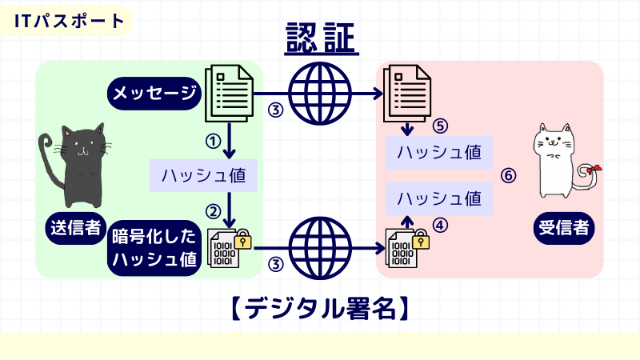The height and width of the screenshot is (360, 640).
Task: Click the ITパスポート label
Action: pos(70,20)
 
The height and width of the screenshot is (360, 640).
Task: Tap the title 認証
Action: pos(320,38)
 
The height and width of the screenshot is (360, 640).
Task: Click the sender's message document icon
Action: pos(230,93)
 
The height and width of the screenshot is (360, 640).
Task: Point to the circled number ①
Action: pos(212,141)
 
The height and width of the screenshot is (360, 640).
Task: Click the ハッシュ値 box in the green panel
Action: pos(203,175)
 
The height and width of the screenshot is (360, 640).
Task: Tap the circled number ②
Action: pos(213,211)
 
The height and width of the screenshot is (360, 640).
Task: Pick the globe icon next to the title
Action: pos(320,94)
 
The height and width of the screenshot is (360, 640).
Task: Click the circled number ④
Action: pos(440,226)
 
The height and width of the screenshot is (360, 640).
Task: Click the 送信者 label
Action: pos(74,230)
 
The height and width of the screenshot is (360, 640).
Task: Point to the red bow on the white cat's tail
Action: pos(594,170)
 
